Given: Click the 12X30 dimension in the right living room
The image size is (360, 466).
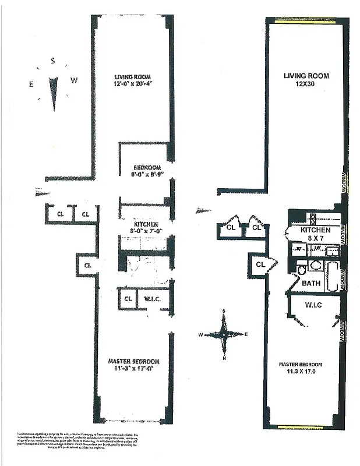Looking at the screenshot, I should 306,86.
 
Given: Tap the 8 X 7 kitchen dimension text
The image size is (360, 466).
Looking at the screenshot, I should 315,239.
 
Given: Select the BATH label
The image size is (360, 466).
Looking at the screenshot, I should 310,283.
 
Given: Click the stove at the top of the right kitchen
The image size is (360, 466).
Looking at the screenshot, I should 312,219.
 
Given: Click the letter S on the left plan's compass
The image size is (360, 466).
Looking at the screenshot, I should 52,60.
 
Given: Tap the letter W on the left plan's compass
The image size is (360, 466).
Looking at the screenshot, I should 74,80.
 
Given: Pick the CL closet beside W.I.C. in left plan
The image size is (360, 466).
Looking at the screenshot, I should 128,299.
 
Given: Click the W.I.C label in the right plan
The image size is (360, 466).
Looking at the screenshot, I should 313,305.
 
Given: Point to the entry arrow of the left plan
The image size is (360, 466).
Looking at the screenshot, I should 44,192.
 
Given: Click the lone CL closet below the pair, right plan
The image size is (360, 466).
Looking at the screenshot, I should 260,265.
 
